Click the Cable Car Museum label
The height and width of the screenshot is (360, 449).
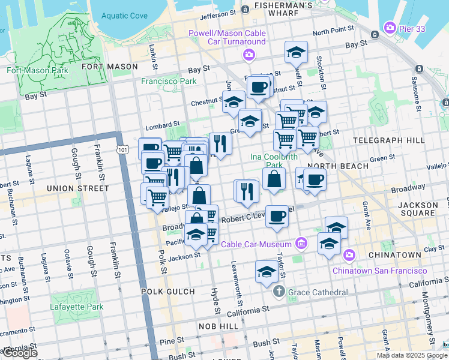tap(256, 244)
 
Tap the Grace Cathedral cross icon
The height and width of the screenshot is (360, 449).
tap(279, 292)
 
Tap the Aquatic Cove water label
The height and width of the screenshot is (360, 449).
tap(125, 16)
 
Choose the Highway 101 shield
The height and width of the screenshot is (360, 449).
tap(123, 149)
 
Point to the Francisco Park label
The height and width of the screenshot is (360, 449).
tap(169, 81)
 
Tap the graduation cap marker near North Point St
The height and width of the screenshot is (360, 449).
tap(296, 53)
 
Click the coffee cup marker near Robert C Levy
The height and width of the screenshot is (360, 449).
tap(277, 216)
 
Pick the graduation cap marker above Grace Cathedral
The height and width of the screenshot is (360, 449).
tap(267, 272)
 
